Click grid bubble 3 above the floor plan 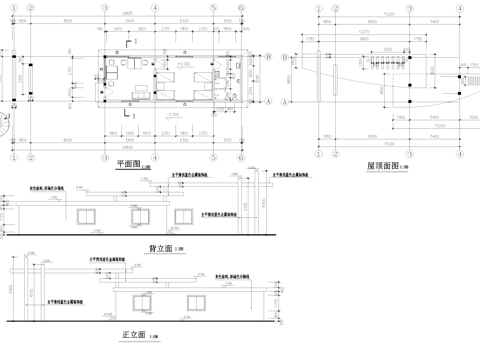(153, 6)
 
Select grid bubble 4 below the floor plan (183, 146)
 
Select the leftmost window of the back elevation (88, 214)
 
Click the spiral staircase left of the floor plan (8, 127)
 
